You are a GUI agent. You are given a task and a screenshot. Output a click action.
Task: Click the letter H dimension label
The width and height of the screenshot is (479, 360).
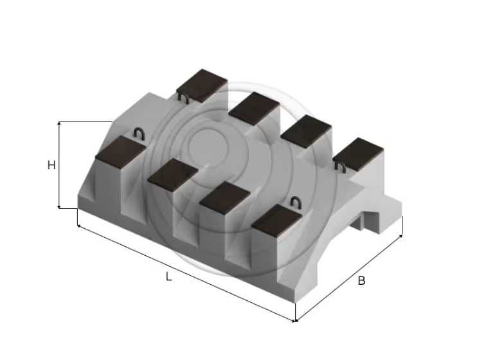[x=51, y=165]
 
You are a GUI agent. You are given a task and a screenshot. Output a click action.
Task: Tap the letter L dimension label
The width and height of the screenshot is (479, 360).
[x=168, y=276]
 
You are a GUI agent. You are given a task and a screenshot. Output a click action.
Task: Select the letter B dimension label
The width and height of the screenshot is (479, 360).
[x=361, y=281]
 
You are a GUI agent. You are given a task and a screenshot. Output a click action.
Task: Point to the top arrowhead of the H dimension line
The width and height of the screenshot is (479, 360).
[x=59, y=123]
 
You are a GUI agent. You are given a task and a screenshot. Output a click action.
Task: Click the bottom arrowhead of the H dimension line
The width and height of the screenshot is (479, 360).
[x=59, y=208]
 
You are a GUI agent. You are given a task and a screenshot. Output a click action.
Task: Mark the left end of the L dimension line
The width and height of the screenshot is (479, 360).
[x=78, y=226]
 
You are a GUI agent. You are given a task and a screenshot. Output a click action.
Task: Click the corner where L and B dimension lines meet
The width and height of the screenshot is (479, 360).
[x=294, y=321]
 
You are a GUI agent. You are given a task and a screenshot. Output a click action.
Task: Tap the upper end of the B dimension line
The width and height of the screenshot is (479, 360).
[x=401, y=235]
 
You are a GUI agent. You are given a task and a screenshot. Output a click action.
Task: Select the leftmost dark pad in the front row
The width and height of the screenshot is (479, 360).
[x=120, y=152]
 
